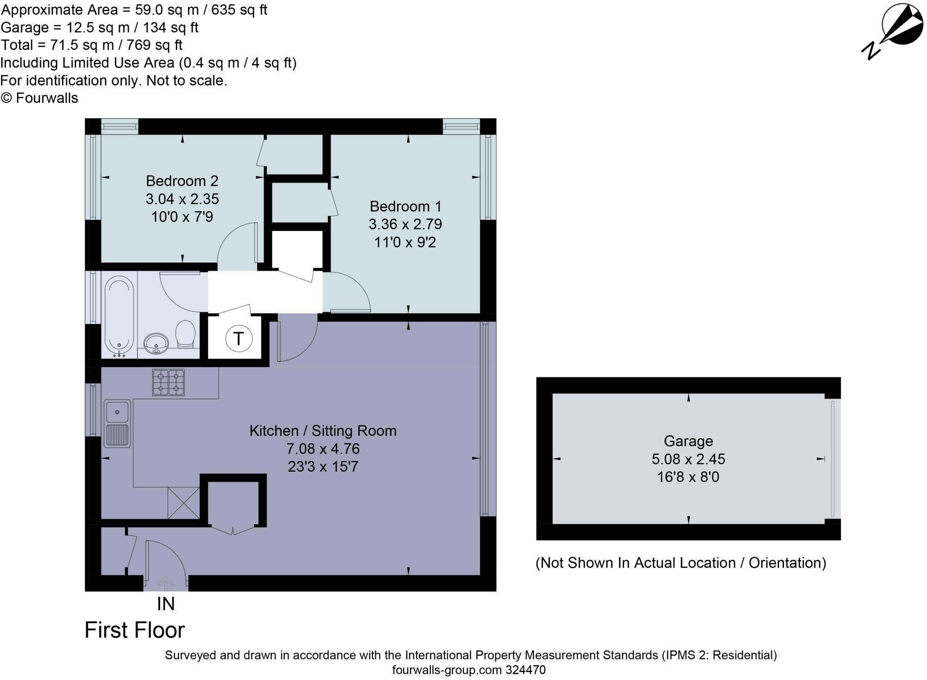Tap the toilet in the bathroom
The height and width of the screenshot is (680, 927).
tap(186, 334)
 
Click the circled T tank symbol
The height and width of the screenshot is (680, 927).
tap(239, 339)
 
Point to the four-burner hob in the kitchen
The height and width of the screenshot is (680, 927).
tap(169, 382)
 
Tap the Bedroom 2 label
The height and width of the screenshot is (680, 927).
tap(182, 181)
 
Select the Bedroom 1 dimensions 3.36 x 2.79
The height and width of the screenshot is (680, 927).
tap(405, 224)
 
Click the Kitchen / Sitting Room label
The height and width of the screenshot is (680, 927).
tap(323, 431)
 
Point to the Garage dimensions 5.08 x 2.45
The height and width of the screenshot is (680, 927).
tap(688, 459)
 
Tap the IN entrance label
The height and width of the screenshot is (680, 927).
tap(166, 604)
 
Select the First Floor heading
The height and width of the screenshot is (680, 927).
tap(134, 630)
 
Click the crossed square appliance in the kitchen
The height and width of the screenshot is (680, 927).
tap(184, 503)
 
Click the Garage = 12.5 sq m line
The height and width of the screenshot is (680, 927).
tap(99, 28)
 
